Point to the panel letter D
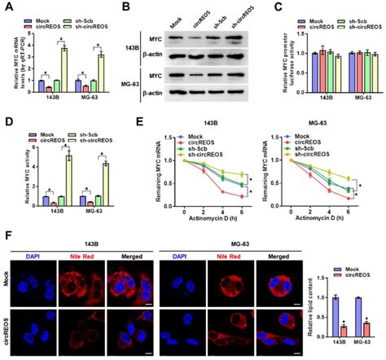(x=7, y=122)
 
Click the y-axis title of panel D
(x=11, y=170)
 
